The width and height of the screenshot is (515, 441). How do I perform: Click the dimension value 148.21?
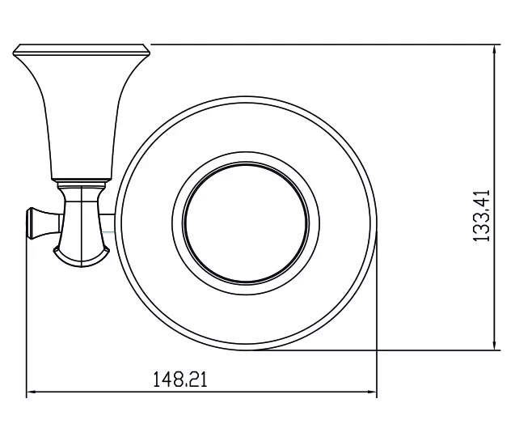point(180,380)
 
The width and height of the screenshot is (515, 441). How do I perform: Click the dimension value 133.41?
point(482,215)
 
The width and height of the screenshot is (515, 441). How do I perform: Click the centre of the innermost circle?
point(246,223)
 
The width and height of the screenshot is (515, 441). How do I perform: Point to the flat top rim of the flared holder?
point(82,49)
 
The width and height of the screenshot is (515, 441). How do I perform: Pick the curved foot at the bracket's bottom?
point(81,257)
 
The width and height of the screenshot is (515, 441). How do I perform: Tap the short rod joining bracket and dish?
point(108,223)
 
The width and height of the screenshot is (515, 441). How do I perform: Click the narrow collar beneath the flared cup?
point(82,184)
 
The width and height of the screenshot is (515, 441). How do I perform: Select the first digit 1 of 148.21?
point(157,380)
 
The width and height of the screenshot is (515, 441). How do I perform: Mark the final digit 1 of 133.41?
point(482,193)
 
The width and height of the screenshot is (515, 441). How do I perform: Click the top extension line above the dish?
point(326,44)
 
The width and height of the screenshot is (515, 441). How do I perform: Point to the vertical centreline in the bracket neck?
point(81,227)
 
